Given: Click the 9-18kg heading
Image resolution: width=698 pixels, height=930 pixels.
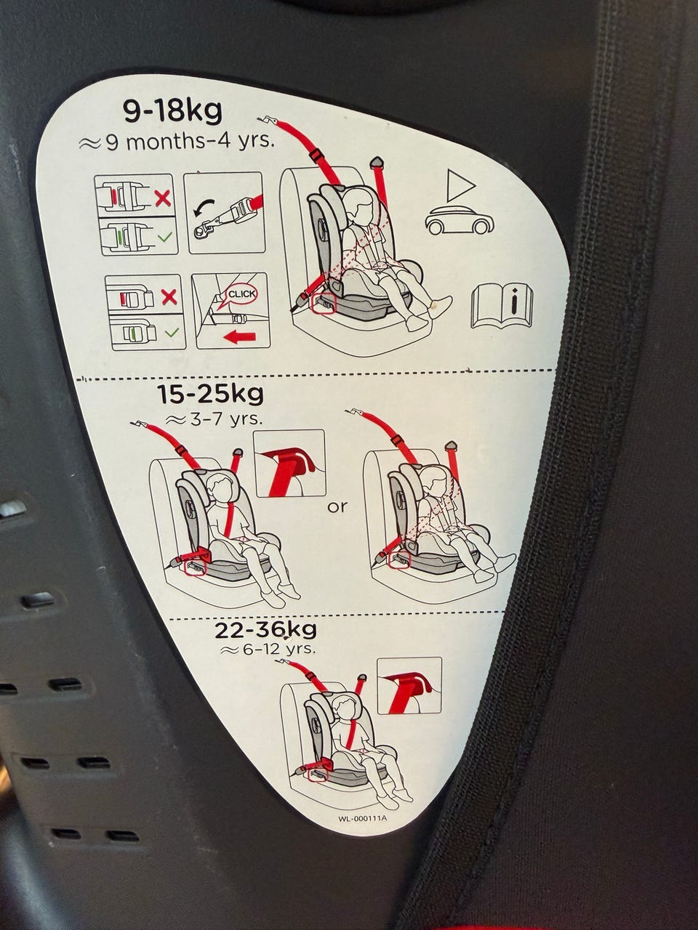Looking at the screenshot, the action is pyautogui.click(x=172, y=111).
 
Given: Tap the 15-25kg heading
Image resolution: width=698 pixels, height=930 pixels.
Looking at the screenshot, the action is pyautogui.click(x=211, y=395).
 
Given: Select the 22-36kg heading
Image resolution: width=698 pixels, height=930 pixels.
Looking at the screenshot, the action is pyautogui.click(x=265, y=630).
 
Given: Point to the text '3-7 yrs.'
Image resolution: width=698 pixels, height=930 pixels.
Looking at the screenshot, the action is pyautogui.click(x=214, y=419).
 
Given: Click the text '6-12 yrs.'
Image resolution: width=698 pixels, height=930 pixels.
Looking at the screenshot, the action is pyautogui.click(x=269, y=649).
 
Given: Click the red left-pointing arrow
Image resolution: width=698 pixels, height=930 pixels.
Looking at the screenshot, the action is pyautogui.click(x=239, y=337).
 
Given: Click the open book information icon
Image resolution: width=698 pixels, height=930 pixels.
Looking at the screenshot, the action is pyautogui.click(x=502, y=305).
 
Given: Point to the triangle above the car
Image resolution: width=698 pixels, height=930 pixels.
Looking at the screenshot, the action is pyautogui.click(x=460, y=185).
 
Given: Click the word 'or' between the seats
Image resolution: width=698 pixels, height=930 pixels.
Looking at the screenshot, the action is pyautogui.click(x=337, y=506).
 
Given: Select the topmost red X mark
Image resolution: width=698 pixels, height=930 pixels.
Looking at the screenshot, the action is pyautogui.click(x=163, y=198).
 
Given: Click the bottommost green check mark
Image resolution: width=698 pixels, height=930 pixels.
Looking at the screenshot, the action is pyautogui.click(x=172, y=333).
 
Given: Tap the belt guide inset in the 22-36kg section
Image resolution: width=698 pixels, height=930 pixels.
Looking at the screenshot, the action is pyautogui.click(x=409, y=686).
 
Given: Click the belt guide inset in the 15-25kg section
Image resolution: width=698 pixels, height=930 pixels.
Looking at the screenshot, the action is pyautogui.click(x=289, y=463).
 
